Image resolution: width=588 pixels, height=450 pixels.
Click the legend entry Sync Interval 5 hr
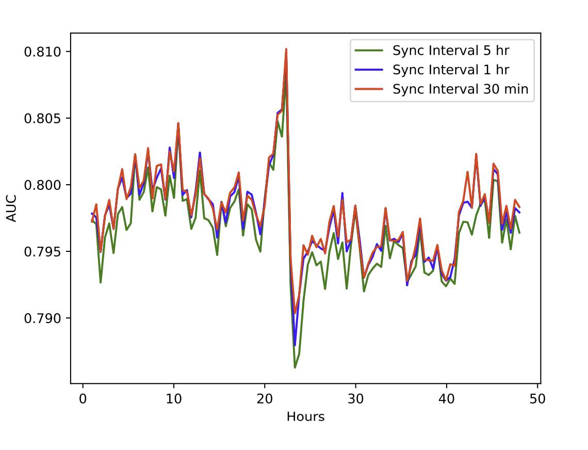[x=444, y=51]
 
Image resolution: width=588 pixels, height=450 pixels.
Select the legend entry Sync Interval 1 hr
[x=444, y=70]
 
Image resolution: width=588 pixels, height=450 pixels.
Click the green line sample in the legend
[x=369, y=51]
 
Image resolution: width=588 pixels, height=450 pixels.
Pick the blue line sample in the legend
[x=369, y=70]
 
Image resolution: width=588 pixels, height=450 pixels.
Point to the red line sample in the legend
[x=369, y=89]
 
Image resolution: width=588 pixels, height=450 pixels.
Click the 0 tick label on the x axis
[x=83, y=399]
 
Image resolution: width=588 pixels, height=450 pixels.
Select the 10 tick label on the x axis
[x=174, y=399]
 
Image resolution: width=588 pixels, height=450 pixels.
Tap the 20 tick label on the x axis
[x=265, y=399]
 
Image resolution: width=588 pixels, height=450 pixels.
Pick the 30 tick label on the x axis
[x=356, y=399]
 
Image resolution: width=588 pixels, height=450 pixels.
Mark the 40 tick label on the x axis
[x=447, y=399]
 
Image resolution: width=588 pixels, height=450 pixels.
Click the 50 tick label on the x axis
[x=538, y=399]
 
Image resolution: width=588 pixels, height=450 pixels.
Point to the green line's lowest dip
[x=295, y=367]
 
